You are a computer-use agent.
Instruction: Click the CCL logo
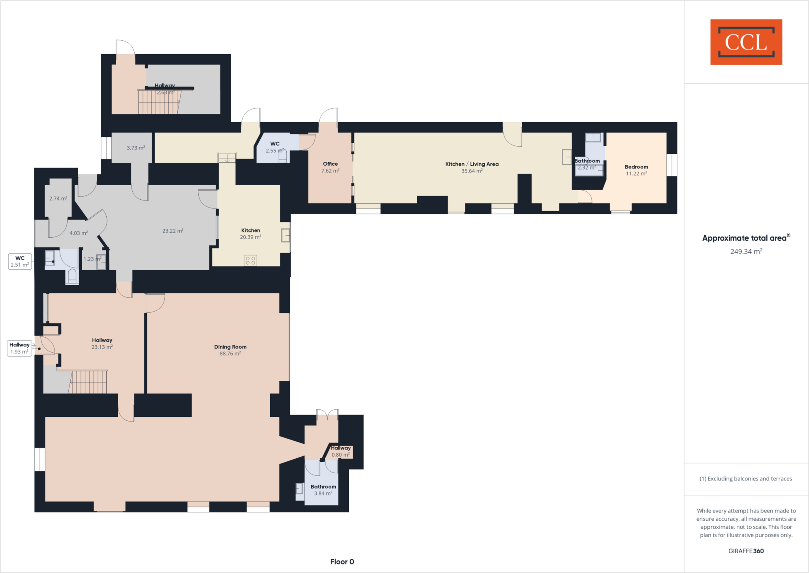[746, 42]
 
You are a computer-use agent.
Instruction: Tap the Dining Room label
[230, 347]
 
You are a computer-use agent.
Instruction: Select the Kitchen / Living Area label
[472, 164]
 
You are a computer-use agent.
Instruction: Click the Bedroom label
[636, 167]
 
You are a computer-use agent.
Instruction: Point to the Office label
[330, 164]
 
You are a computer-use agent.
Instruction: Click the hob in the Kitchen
[250, 260]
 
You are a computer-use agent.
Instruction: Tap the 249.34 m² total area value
[746, 252]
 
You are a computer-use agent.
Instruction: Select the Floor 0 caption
[342, 562]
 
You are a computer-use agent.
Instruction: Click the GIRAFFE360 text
[746, 551]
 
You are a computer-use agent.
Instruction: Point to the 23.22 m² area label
[173, 231]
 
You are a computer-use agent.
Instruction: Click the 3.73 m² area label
[135, 148]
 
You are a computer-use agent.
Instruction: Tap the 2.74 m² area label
[58, 199]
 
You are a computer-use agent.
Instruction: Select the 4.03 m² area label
[79, 233]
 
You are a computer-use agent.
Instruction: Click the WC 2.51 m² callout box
[20, 261]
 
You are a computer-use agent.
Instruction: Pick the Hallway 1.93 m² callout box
[19, 348]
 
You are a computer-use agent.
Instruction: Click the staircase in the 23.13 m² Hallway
[88, 382]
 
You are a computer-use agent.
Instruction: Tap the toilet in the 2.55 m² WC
[282, 157]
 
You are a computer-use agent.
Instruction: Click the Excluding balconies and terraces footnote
[746, 478]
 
